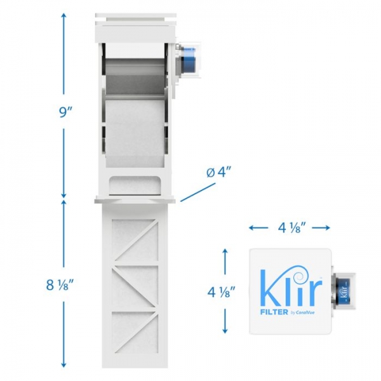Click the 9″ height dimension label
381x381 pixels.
tap(63, 111)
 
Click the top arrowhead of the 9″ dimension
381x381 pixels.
tap(63, 14)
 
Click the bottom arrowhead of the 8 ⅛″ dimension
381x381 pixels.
tap(63, 366)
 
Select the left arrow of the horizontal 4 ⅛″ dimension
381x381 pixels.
tap(252, 227)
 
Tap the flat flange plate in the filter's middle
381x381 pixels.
tap(135, 200)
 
